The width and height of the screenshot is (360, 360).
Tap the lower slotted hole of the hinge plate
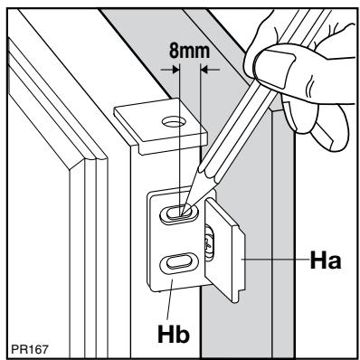175,265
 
